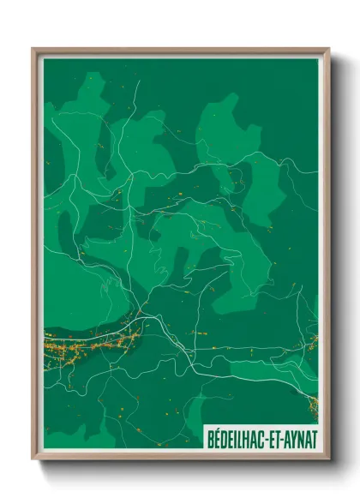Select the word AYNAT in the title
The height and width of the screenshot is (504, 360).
coord(303,438)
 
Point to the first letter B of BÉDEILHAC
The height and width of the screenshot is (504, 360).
coord(211,438)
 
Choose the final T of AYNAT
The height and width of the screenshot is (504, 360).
coord(315,438)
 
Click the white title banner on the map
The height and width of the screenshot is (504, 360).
coord(261,438)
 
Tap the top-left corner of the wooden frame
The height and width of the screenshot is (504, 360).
coord(33,49)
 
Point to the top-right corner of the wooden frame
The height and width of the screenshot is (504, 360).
coord(328,49)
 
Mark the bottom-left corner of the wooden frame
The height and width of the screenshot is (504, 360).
coord(33,459)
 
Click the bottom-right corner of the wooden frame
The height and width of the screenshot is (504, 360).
coord(328,459)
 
